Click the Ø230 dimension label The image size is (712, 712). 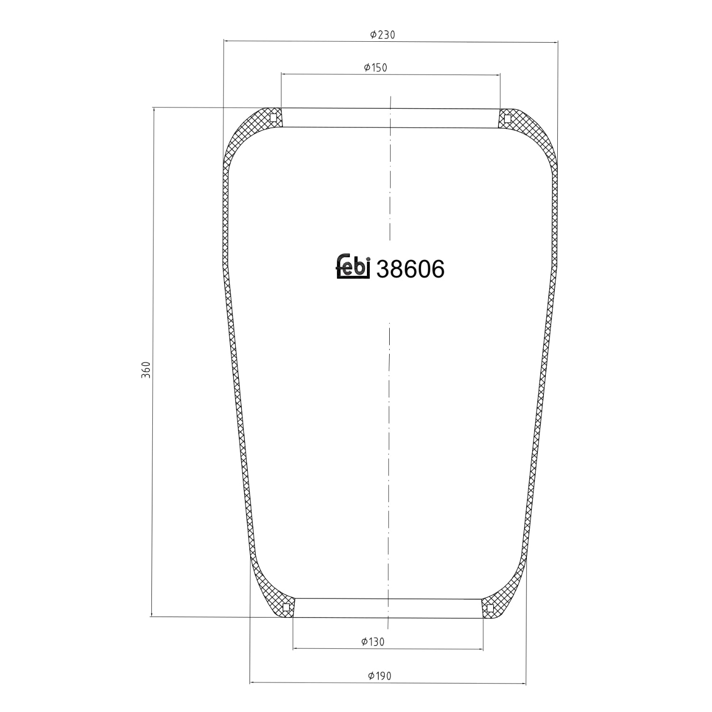pyautogui.click(x=382, y=35)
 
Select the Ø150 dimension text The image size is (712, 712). pyautogui.click(x=375, y=68)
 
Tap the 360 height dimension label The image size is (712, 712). pyautogui.click(x=146, y=370)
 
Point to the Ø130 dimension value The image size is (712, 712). pyautogui.click(x=373, y=642)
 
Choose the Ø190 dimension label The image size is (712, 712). pyautogui.click(x=380, y=675)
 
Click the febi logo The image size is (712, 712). pyautogui.click(x=353, y=267)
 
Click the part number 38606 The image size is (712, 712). pyautogui.click(x=411, y=269)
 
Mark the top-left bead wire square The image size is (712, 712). pyautogui.click(x=273, y=118)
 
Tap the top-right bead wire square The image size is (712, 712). pyautogui.click(x=507, y=118)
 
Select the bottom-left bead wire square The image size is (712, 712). pyautogui.click(x=286, y=607)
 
